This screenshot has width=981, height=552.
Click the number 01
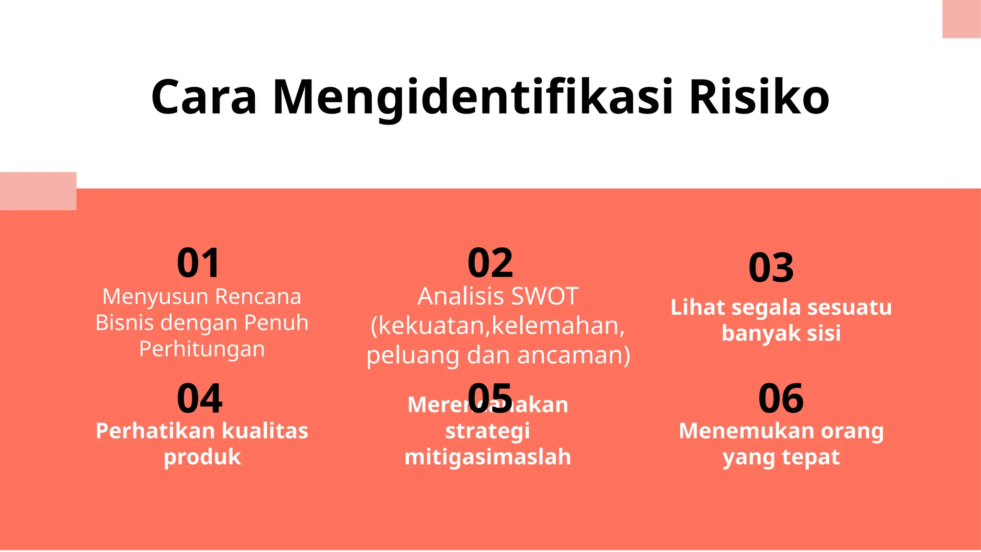[199, 263]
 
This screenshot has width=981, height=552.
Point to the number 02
[490, 263]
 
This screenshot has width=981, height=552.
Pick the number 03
[771, 268]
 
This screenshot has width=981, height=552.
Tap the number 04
[199, 399]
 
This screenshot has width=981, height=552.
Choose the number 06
[781, 399]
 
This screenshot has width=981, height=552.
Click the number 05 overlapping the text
[490, 398]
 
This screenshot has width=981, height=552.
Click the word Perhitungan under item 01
[202, 349]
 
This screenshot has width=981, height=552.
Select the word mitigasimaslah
[488, 457]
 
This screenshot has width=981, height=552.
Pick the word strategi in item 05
[488, 431]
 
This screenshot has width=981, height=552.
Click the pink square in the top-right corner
[961, 19]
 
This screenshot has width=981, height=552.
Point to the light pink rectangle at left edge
[38, 191]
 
